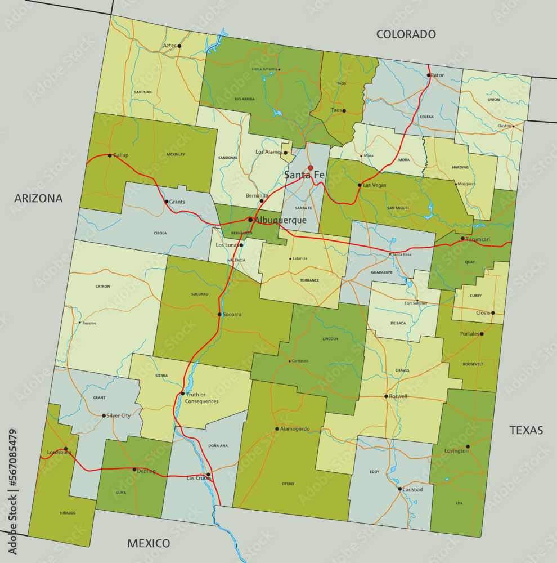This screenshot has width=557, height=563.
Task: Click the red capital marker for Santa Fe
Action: point(310,168)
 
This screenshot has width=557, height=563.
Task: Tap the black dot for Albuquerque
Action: point(250,220)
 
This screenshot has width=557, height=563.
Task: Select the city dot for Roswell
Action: point(386,396)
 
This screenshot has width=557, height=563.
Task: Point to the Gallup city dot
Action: point(110,155)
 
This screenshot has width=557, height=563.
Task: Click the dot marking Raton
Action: point(428,75)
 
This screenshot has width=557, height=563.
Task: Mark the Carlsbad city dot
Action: point(399,489)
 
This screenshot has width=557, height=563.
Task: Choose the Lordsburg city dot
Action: point(66,449)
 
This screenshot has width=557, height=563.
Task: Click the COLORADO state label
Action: point(406,34)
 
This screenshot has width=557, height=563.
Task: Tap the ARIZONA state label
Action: point(38,198)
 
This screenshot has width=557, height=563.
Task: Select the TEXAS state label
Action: point(526,430)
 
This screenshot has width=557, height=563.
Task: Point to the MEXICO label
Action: point(149,543)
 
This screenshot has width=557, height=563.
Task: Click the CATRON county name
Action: point(102,287)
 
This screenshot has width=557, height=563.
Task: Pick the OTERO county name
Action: point(288,484)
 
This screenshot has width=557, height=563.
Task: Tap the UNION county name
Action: point(493,100)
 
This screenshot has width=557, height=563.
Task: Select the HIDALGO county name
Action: point(67,513)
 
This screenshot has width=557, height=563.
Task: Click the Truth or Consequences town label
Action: point(201,397)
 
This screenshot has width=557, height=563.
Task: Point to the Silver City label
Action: point(118,415)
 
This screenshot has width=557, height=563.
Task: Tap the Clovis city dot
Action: point(493,313)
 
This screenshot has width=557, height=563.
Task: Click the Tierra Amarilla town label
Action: point(264,69)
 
